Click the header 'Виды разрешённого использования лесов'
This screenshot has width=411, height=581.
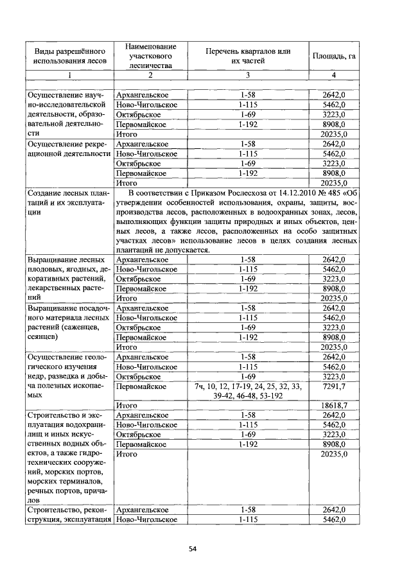click(69, 56)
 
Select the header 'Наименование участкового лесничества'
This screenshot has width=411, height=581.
click(146, 56)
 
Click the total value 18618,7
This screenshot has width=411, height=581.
click(333, 406)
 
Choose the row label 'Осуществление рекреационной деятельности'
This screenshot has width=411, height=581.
click(69, 149)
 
